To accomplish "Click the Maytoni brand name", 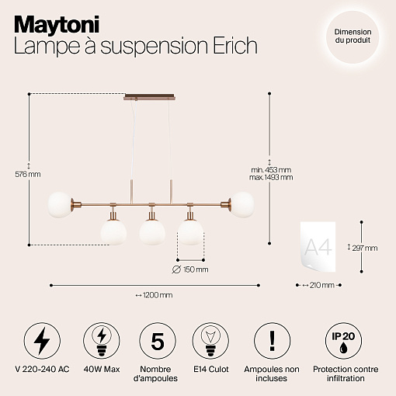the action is [57, 26].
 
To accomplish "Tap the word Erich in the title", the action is [235, 45].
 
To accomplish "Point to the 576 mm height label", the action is [28, 174].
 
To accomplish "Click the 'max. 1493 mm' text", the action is [271, 177].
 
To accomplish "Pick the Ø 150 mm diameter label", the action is [190, 269].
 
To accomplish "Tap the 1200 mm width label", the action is [155, 295].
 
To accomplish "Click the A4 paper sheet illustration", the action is [318, 247].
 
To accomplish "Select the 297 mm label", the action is [363, 248].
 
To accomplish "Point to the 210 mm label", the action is [318, 285].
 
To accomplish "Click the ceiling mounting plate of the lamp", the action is [150, 97].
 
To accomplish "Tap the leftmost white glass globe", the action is [60, 205].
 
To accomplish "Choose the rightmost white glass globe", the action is [242, 204].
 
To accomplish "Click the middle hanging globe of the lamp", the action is [152, 231].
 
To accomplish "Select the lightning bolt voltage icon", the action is [42, 341].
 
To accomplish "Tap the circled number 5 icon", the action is [158, 341].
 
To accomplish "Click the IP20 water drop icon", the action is [343, 341].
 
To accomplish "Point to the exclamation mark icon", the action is [272, 341].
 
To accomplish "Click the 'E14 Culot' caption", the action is [211, 369].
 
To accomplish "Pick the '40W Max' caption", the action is [102, 369].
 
